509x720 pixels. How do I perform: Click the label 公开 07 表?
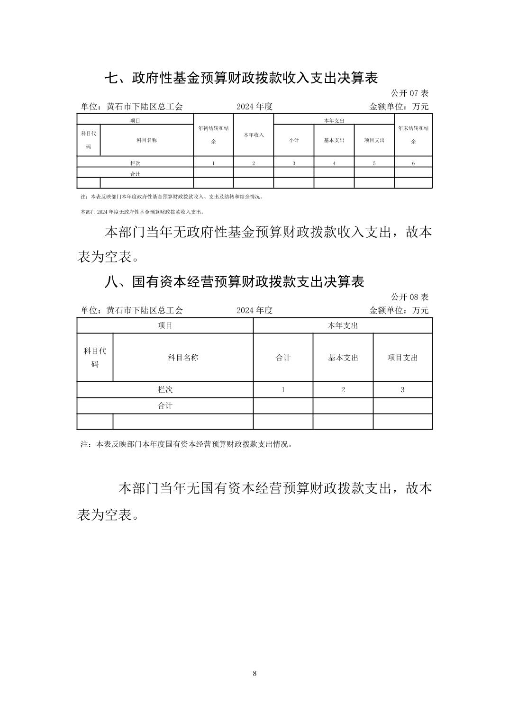click(x=409, y=93)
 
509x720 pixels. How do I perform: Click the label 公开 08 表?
click(x=409, y=297)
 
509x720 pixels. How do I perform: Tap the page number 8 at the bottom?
click(x=255, y=673)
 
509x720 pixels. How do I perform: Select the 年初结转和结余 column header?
click(x=213, y=135)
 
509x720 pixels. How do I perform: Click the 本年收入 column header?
click(x=254, y=135)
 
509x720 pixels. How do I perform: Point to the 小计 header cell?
click(x=294, y=140)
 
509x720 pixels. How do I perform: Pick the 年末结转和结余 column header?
click(x=413, y=135)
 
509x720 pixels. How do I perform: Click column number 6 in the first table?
click(x=413, y=163)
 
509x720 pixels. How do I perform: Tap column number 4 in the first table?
click(x=334, y=163)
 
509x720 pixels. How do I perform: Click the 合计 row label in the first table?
click(x=135, y=174)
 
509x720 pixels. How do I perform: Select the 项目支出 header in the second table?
click(x=402, y=358)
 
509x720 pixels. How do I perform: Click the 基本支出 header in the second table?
click(x=343, y=358)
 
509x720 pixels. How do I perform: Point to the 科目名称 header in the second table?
click(x=183, y=358)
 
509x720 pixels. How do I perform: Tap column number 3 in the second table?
click(x=402, y=390)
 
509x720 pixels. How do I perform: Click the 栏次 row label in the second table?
click(x=165, y=390)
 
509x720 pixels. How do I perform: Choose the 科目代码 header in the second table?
click(x=95, y=357)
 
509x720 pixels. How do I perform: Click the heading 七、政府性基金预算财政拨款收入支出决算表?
click(x=241, y=78)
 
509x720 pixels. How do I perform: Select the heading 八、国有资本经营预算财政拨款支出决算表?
click(x=234, y=281)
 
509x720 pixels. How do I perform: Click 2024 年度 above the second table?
click(x=255, y=310)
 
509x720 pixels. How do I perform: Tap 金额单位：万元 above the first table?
click(x=399, y=107)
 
